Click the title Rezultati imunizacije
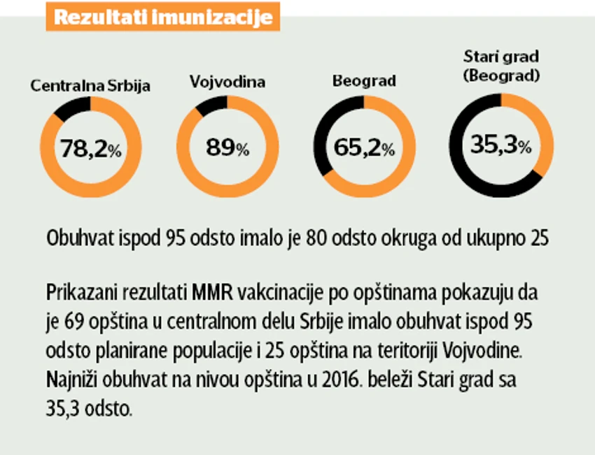(163, 17)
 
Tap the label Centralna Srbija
(90, 86)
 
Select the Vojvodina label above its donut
(227, 82)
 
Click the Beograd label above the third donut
(364, 81)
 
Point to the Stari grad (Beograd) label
(501, 66)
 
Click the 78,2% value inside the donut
(91, 148)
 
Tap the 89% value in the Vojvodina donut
(227, 147)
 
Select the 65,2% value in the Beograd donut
(364, 147)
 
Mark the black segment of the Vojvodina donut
(211, 106)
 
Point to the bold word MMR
(213, 293)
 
